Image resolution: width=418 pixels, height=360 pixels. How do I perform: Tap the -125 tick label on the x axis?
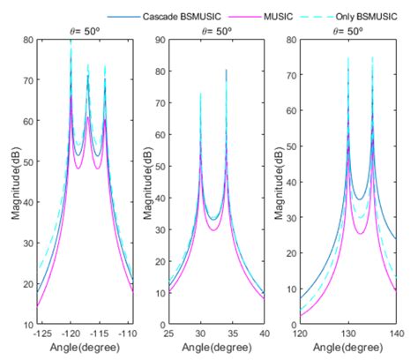point(40,335)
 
